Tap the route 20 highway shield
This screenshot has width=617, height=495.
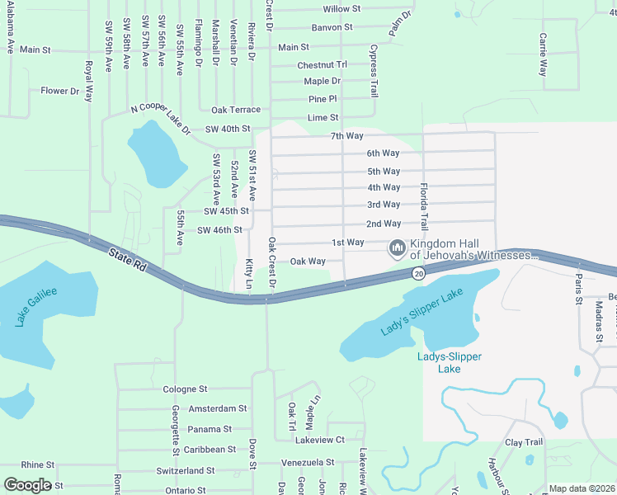click(419, 273)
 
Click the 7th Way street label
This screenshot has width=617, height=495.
click(347, 135)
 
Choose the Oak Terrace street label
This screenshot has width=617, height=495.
click(236, 110)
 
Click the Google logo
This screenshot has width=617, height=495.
click(27, 484)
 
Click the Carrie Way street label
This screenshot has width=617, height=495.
click(543, 54)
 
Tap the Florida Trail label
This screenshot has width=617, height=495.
click(424, 207)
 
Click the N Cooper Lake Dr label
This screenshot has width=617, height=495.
click(161, 120)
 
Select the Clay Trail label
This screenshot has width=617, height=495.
click(525, 443)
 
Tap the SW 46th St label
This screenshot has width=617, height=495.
click(219, 230)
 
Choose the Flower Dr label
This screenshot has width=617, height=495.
click(59, 91)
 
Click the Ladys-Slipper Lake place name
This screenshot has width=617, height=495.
click(448, 362)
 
